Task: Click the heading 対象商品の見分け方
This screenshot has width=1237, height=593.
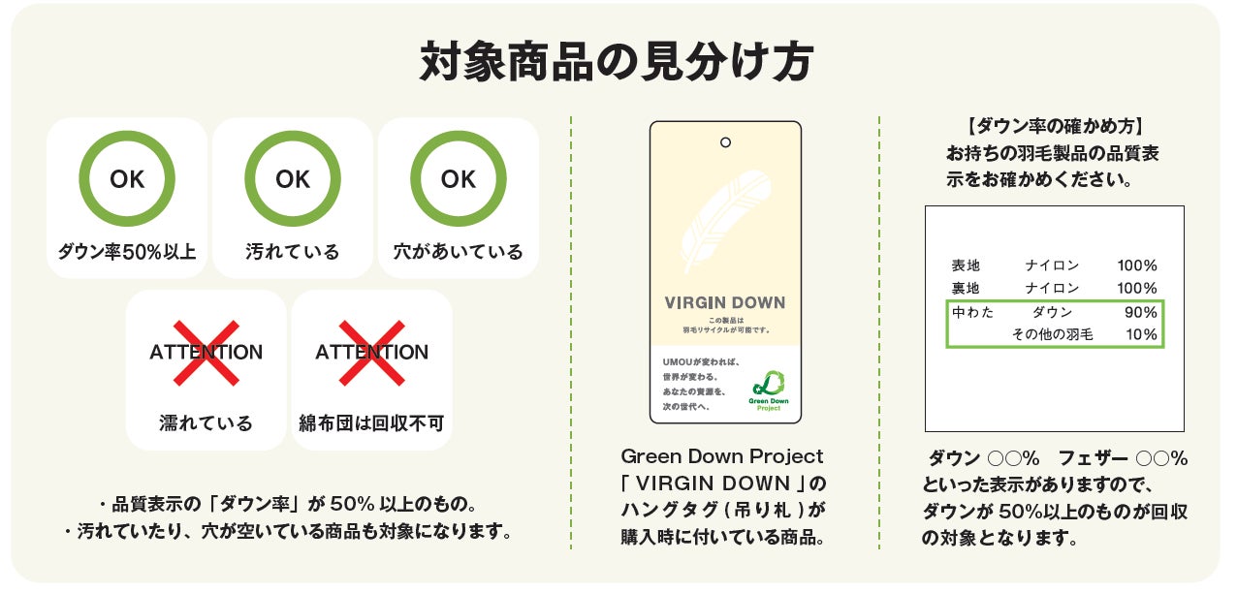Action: click(x=617, y=63)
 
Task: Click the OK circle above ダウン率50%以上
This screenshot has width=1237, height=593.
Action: click(x=127, y=179)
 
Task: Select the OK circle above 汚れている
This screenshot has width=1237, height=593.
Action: click(x=293, y=179)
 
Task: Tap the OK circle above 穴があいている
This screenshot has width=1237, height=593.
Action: click(x=459, y=179)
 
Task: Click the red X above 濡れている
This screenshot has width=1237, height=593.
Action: click(x=206, y=352)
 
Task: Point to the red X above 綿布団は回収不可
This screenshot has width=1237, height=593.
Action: click(x=372, y=352)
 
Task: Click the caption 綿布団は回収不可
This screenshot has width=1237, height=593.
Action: click(x=372, y=423)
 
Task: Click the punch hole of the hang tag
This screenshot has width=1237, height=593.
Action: click(x=725, y=143)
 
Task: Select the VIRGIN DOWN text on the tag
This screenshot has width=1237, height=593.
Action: click(x=725, y=302)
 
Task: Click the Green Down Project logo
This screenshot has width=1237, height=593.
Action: click(x=767, y=388)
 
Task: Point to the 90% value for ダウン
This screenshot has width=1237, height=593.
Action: click(x=1140, y=312)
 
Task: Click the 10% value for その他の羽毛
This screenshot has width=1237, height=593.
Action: click(x=1141, y=334)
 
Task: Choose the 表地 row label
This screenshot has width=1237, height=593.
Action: click(x=966, y=265)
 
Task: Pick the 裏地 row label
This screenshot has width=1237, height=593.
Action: click(x=966, y=288)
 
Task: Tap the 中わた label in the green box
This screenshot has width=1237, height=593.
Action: click(x=972, y=312)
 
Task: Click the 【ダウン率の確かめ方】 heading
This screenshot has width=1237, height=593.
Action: click(x=1055, y=126)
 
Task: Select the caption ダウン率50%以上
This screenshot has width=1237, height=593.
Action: click(x=126, y=253)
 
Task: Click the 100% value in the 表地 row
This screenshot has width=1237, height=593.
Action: click(x=1137, y=265)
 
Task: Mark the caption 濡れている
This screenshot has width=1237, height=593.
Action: click(x=206, y=423)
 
